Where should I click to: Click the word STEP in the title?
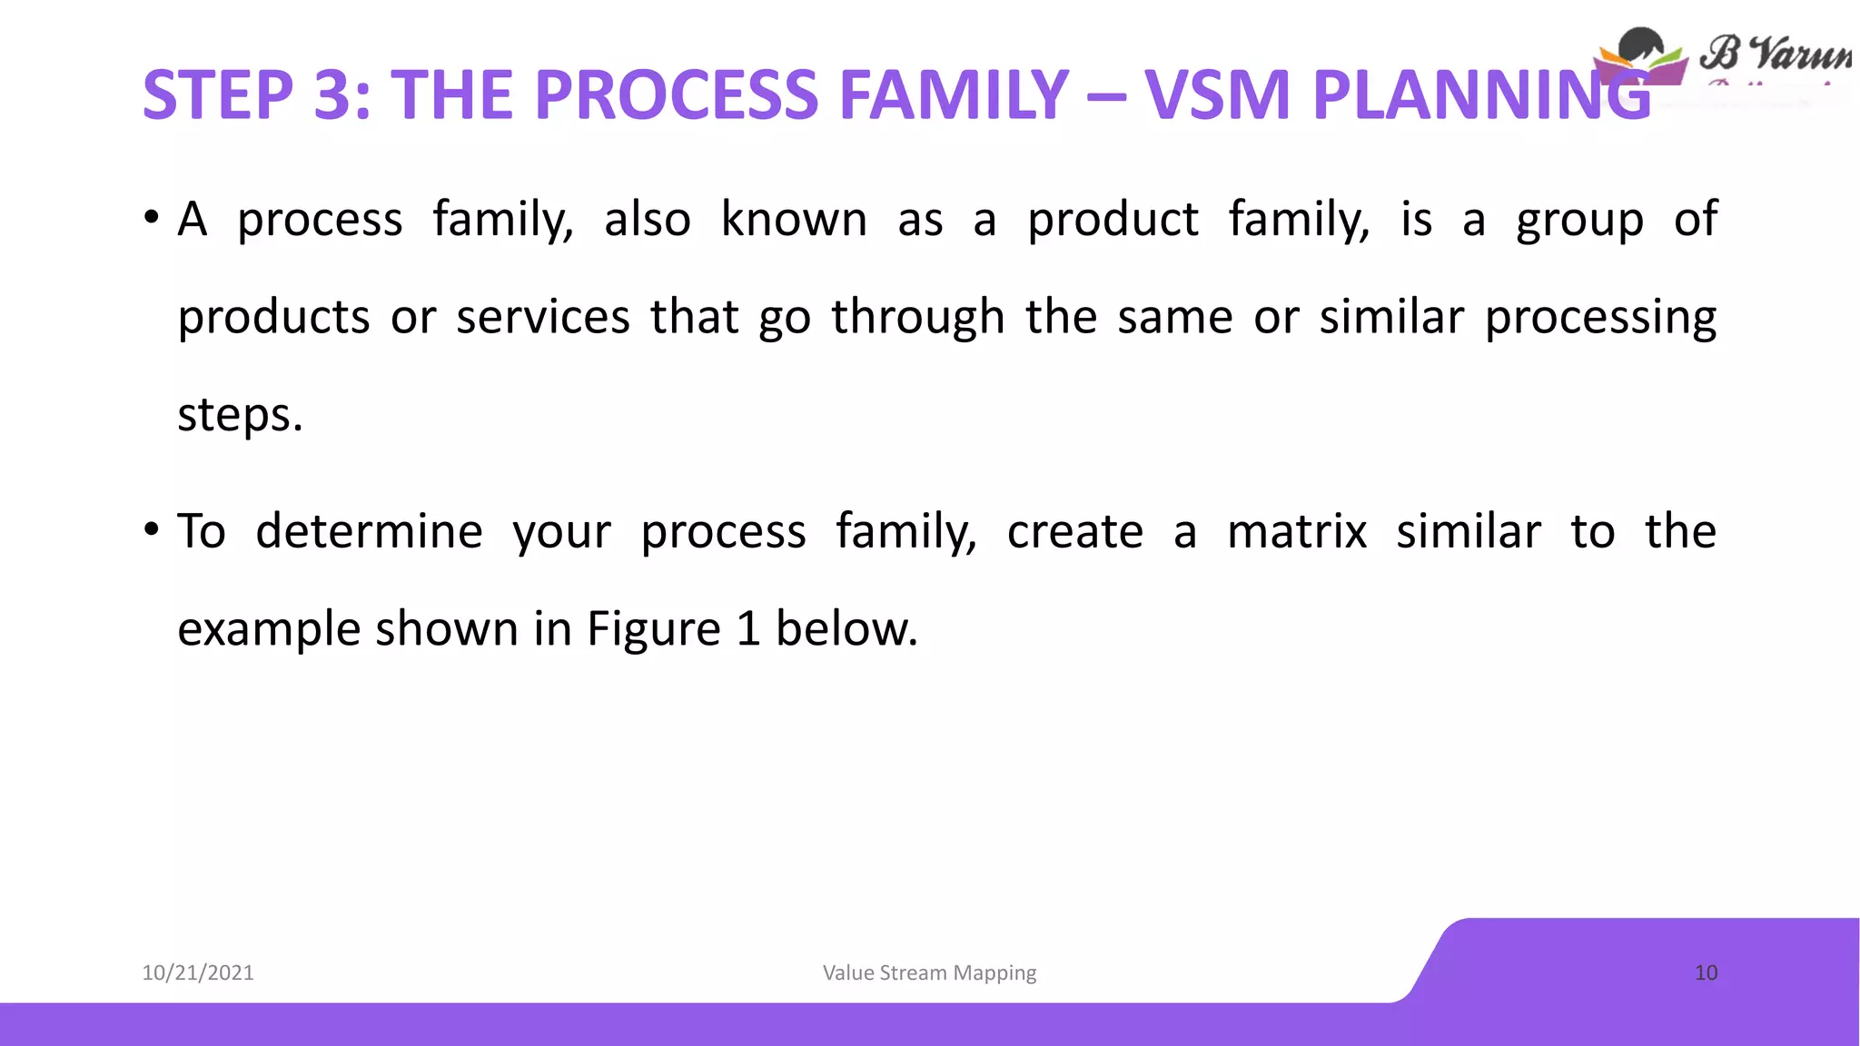tap(218, 95)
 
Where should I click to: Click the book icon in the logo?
tap(1640, 59)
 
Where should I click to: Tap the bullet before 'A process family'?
tap(151, 219)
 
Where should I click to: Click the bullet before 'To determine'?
tap(151, 530)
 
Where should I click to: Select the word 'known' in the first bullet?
tap(794, 220)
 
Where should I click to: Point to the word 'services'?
tap(542, 318)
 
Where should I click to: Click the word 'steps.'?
tap(240, 416)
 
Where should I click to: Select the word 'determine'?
tap(369, 531)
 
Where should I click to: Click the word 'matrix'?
tap(1296, 531)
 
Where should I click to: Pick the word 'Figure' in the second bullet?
tap(653, 629)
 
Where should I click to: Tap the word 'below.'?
tap(846, 628)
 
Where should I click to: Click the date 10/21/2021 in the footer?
tap(198, 972)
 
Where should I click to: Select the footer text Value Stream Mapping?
tap(929, 972)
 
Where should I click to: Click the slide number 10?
tap(1706, 972)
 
